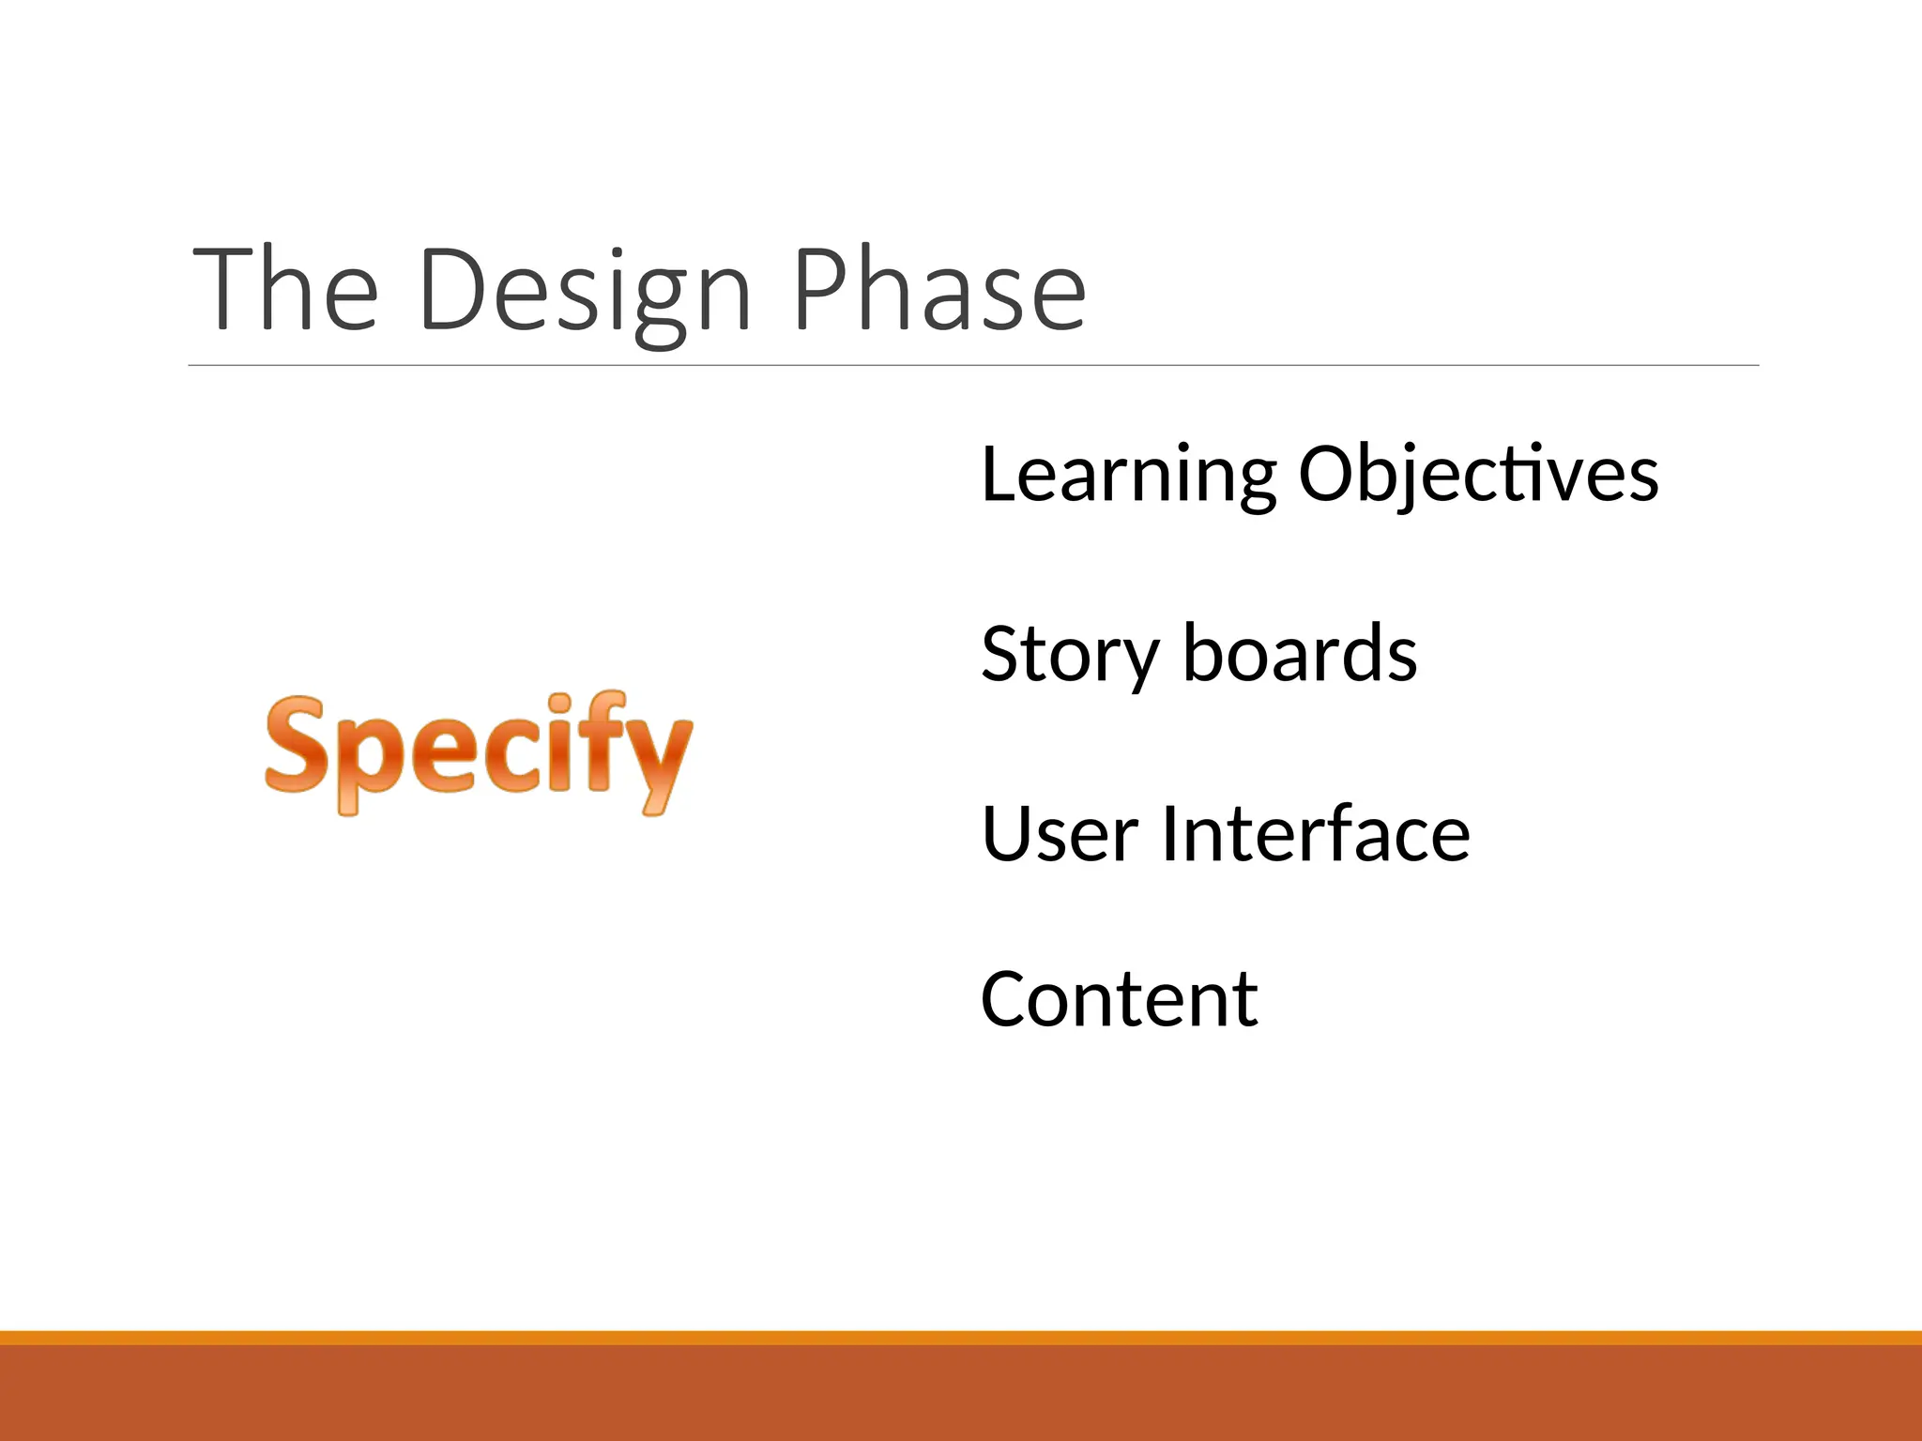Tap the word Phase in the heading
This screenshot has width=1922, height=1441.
[x=938, y=291]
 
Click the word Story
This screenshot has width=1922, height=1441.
[x=1070, y=655]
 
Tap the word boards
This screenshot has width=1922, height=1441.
[x=1300, y=653]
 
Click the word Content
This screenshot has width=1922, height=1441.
[x=1119, y=1000]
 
